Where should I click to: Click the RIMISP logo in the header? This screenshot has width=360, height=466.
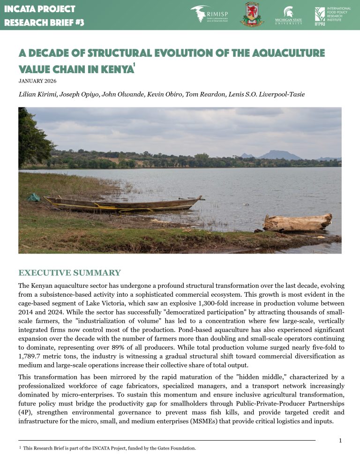click(207, 15)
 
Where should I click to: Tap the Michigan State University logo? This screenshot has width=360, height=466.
click(288, 15)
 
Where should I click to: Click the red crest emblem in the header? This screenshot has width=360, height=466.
click(252, 15)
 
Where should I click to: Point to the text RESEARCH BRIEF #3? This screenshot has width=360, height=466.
click(44, 22)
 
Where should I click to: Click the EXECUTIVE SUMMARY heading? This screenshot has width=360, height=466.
click(69, 273)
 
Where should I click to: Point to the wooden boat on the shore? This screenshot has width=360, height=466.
click(124, 204)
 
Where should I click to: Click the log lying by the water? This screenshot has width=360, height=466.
click(297, 222)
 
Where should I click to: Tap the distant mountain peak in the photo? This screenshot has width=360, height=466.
click(280, 154)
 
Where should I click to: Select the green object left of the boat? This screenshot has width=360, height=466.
click(34, 197)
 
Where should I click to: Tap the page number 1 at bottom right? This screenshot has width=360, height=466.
click(340, 440)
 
